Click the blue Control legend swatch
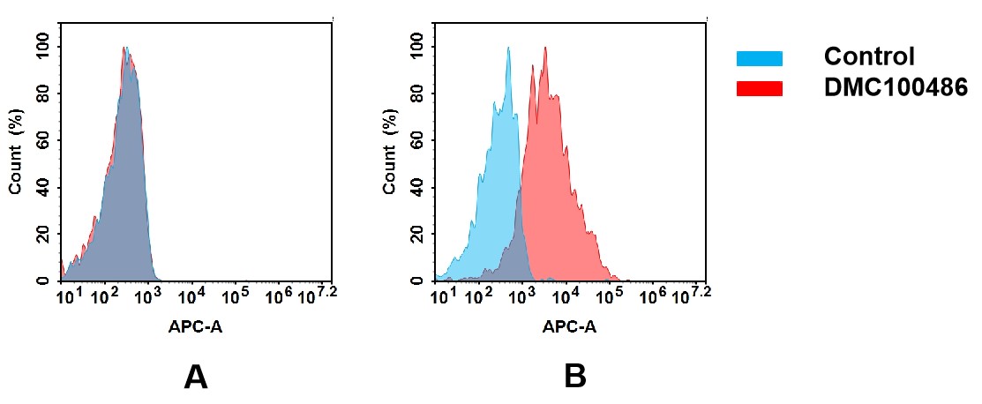(759, 58)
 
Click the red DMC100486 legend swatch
(759, 88)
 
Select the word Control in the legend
(868, 57)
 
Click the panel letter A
(195, 378)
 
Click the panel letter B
(574, 378)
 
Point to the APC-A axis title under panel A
(195, 327)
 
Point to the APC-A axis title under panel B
(569, 327)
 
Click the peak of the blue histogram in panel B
(508, 49)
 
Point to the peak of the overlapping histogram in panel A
(126, 49)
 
